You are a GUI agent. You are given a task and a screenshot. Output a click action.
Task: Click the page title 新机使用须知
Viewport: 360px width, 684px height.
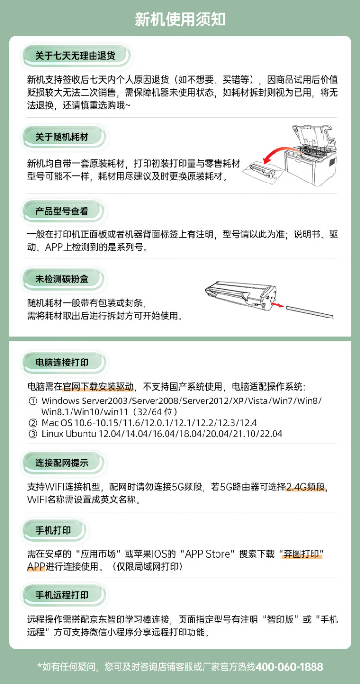click(180, 20)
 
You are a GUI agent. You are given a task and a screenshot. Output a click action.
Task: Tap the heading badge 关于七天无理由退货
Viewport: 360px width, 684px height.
click(75, 56)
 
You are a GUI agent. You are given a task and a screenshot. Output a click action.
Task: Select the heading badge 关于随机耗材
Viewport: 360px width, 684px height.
click(62, 137)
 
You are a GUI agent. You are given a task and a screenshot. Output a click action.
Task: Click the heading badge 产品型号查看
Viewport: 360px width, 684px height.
click(62, 211)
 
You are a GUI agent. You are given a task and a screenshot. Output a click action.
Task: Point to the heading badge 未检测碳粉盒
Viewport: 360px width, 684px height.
click(62, 279)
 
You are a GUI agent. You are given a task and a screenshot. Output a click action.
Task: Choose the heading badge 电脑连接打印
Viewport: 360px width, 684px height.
click(62, 362)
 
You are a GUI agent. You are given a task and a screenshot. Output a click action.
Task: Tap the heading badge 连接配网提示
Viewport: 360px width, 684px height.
click(62, 463)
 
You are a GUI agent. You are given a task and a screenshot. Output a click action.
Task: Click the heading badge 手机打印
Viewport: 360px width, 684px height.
click(53, 530)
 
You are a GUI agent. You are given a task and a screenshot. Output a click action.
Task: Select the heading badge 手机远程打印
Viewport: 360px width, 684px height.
click(62, 595)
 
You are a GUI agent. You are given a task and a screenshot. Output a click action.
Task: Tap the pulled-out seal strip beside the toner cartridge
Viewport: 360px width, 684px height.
click(309, 312)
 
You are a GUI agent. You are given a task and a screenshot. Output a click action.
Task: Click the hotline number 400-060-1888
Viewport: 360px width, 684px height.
click(289, 667)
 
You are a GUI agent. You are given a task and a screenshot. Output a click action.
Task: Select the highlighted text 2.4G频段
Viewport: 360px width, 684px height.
click(306, 487)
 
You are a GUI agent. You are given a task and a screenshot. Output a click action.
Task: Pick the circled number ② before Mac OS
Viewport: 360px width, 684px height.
click(33, 423)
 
